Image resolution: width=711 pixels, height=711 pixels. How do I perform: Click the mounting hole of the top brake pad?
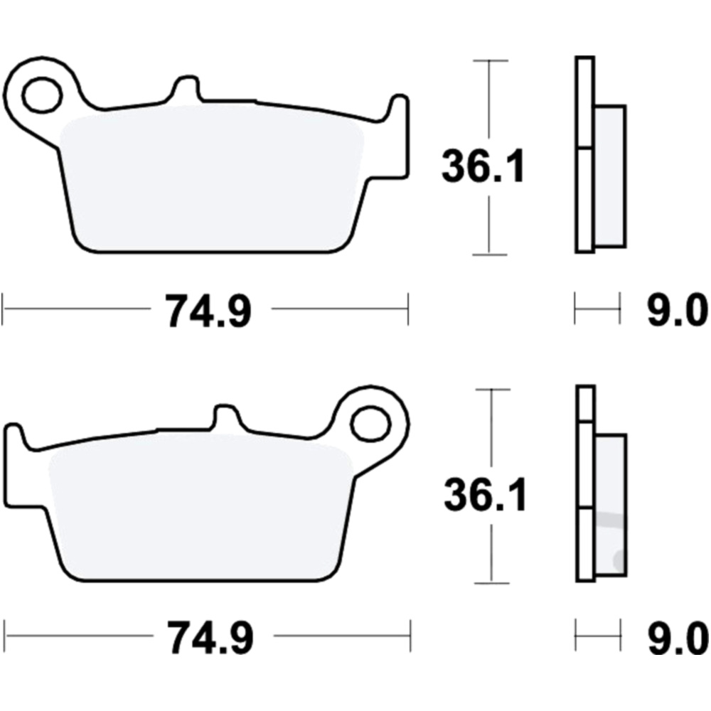pyautogui.click(x=42, y=95)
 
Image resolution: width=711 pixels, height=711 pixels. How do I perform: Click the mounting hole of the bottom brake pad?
pyautogui.click(x=370, y=422)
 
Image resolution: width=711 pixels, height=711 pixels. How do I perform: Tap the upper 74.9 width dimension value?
pyautogui.click(x=208, y=311)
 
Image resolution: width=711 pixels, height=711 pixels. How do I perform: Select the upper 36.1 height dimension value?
pyautogui.click(x=483, y=167)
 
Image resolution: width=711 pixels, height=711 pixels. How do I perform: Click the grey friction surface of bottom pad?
pyautogui.click(x=199, y=508)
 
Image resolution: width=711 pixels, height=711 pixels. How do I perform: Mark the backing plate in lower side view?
pyautogui.click(x=585, y=483)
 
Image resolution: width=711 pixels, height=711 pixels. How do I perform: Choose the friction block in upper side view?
pyautogui.click(x=610, y=176)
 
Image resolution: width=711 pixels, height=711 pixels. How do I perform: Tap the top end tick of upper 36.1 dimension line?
pyautogui.click(x=488, y=61)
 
